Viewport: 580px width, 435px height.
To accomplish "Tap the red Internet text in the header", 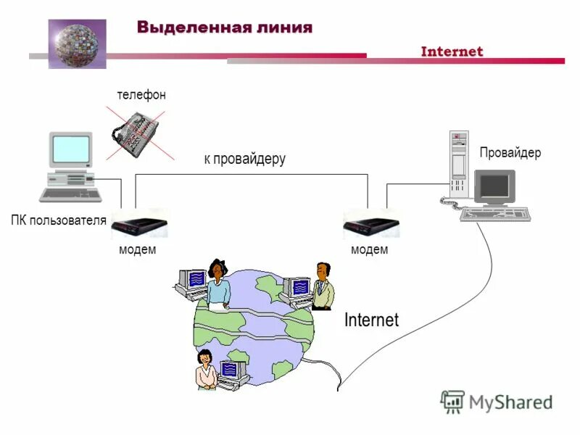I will (452, 51).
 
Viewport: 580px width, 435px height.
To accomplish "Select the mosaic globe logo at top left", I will (78, 43).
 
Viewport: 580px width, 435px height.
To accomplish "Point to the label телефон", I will (141, 95).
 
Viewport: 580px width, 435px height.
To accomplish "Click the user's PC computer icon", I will (70, 167).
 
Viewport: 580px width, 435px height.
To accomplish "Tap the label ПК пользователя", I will (59, 220).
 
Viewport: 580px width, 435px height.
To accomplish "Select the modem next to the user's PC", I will (139, 225).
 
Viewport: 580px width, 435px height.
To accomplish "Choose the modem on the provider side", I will (371, 225).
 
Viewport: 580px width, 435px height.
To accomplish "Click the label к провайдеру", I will (244, 159).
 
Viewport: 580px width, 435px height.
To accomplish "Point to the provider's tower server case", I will (459, 164).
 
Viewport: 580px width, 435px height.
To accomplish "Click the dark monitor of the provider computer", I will (495, 186).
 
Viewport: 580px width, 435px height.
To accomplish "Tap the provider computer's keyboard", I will (496, 214).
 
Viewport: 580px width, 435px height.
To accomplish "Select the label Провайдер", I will (510, 153).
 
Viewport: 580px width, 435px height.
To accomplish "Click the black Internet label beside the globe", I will (371, 320).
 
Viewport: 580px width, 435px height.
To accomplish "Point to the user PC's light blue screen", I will (71, 149).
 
